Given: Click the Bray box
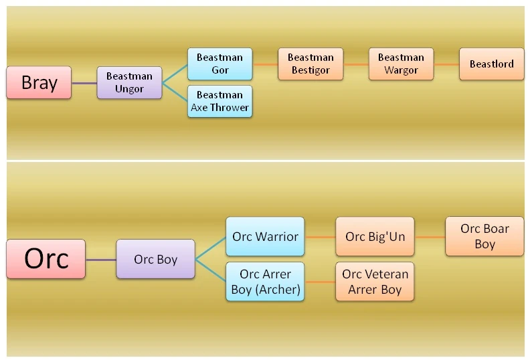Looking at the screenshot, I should pyautogui.click(x=39, y=83).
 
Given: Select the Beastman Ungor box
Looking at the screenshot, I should pyautogui.click(x=129, y=83).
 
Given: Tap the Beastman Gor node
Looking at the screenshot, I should pyautogui.click(x=220, y=64).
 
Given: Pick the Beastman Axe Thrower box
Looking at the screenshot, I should pyautogui.click(x=220, y=101).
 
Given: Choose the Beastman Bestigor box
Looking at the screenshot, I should pyautogui.click(x=311, y=64).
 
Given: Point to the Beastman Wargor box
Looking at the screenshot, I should pyautogui.click(x=401, y=64).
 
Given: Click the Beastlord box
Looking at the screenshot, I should pyautogui.click(x=492, y=64).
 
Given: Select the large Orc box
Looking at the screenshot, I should pyautogui.click(x=46, y=259).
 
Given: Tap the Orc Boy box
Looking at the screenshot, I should pyautogui.click(x=156, y=259).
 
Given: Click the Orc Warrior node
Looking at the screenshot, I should pyautogui.click(x=265, y=236).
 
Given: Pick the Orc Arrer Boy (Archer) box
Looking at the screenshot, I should pyautogui.click(x=265, y=282).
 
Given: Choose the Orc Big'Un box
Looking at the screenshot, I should pyautogui.click(x=375, y=236).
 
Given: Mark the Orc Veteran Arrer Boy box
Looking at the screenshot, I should pyautogui.click(x=375, y=282).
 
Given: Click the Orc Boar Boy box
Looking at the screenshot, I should pyautogui.click(x=485, y=236).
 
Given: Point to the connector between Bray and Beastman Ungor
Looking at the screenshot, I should pyautogui.click(x=84, y=83).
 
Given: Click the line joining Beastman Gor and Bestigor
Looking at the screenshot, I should pyautogui.click(x=265, y=64).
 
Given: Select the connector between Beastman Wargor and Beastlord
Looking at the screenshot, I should pyautogui.click(x=446, y=64).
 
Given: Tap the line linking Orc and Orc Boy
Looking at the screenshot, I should pyautogui.click(x=101, y=259).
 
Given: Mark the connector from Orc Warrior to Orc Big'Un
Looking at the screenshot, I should pyautogui.click(x=320, y=236).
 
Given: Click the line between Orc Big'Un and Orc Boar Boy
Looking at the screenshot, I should pyautogui.click(x=430, y=236).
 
